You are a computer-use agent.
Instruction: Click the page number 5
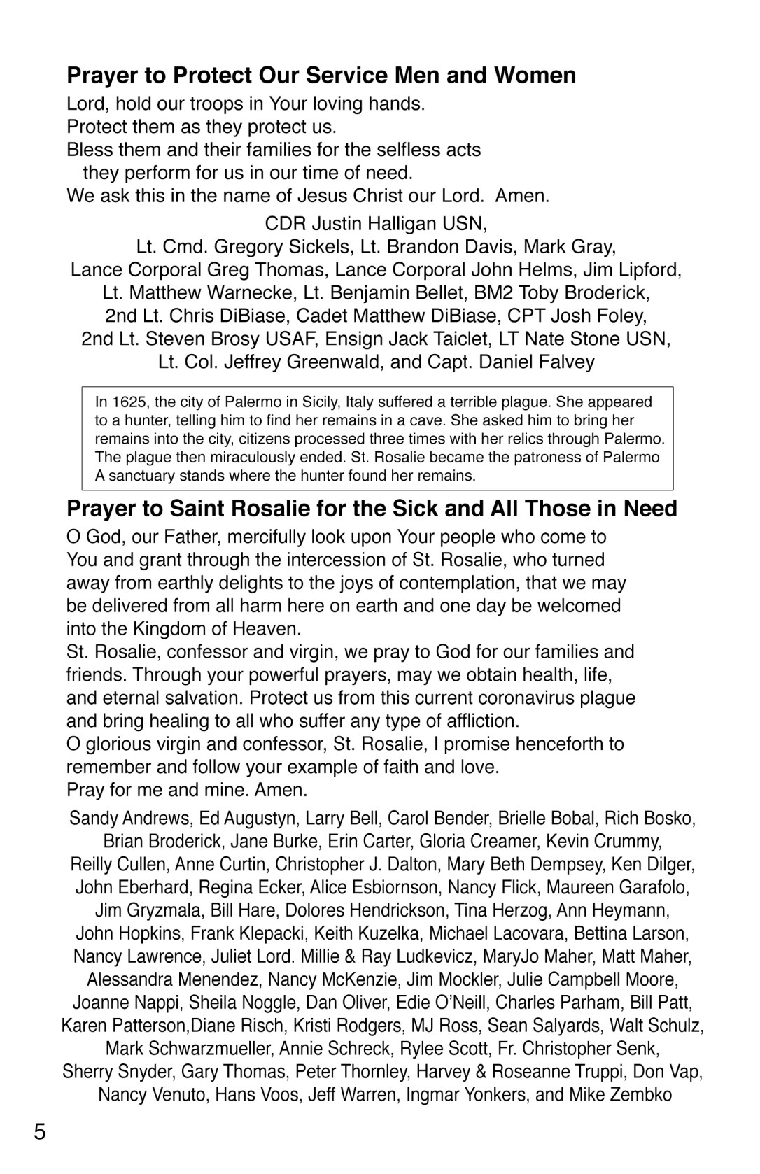[40, 1131]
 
